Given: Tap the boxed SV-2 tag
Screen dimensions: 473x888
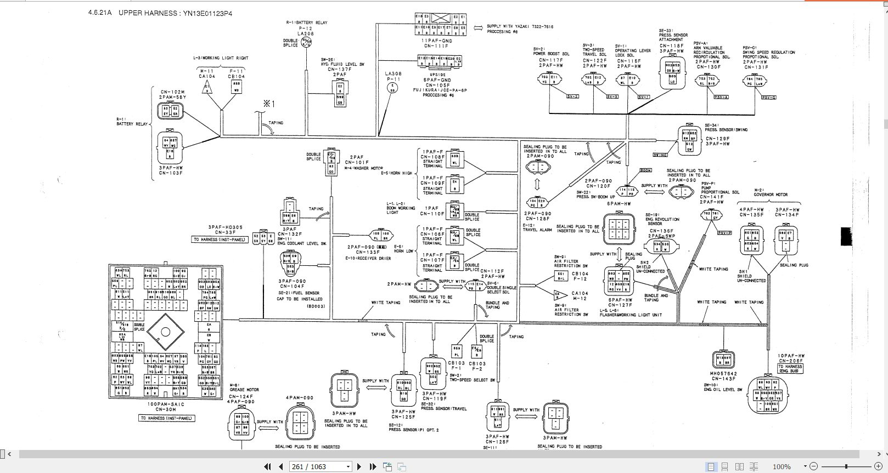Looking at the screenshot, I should [x=572, y=96].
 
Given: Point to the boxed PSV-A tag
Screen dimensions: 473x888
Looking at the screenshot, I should [x=721, y=97].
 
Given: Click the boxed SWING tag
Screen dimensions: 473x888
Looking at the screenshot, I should [x=660, y=155].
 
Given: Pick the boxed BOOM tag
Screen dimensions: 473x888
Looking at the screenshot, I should [x=646, y=170].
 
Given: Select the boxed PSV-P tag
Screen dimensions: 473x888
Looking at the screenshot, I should [x=724, y=233].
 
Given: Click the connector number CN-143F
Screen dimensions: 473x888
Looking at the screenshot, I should [x=723, y=379].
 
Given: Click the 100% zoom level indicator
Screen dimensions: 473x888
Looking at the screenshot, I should [x=781, y=466].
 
